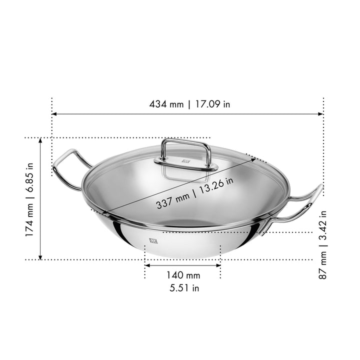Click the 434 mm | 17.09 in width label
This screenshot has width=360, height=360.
(x=189, y=104)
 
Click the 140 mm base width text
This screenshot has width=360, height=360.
(x=183, y=275)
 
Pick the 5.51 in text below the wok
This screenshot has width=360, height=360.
(x=183, y=288)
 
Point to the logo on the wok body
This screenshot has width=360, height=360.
(x=152, y=241)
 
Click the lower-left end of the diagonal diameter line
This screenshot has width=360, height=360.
(x=93, y=210)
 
